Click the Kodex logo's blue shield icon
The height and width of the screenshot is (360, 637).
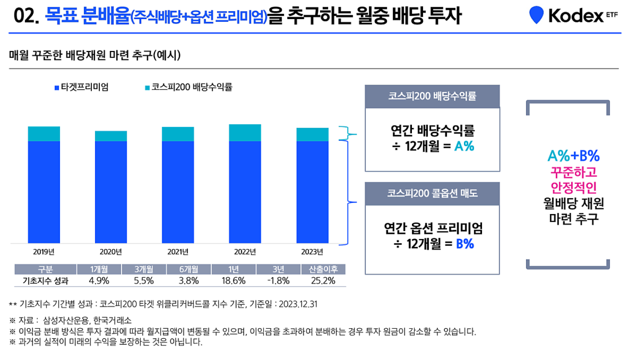pyautogui.click(x=536, y=15)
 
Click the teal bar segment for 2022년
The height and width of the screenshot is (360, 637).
pyautogui.click(x=245, y=133)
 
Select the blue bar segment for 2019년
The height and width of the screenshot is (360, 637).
pyautogui.click(x=44, y=191)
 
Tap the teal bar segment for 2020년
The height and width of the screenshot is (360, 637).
pyautogui.click(x=111, y=136)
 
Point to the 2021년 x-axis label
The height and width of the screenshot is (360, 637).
pyautogui.click(x=178, y=252)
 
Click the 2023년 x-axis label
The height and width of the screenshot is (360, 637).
pyautogui.click(x=312, y=252)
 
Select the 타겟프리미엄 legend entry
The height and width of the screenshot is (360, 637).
pyautogui.click(x=82, y=87)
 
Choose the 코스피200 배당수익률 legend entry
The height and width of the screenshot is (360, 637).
pyautogui.click(x=189, y=87)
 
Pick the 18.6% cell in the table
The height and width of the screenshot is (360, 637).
pyautogui.click(x=234, y=281)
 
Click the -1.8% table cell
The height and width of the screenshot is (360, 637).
pyautogui.click(x=278, y=281)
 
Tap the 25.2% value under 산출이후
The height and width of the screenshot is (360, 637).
pyautogui.click(x=323, y=281)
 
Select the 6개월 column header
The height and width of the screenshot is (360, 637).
pyautogui.click(x=189, y=269)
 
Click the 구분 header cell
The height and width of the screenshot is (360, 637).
pyautogui.click(x=45, y=269)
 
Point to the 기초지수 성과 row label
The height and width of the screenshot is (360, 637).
pyautogui.click(x=45, y=281)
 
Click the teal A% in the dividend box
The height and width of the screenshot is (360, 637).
pyautogui.click(x=464, y=146)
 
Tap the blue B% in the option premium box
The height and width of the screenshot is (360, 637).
pyautogui.click(x=465, y=244)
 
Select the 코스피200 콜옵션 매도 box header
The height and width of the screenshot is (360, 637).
pyautogui.click(x=432, y=193)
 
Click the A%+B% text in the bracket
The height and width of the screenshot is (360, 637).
pyautogui.click(x=573, y=156)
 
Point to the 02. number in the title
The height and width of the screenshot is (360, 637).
pyautogui.click(x=26, y=16)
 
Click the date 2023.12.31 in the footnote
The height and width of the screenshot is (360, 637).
pyautogui.click(x=298, y=304)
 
